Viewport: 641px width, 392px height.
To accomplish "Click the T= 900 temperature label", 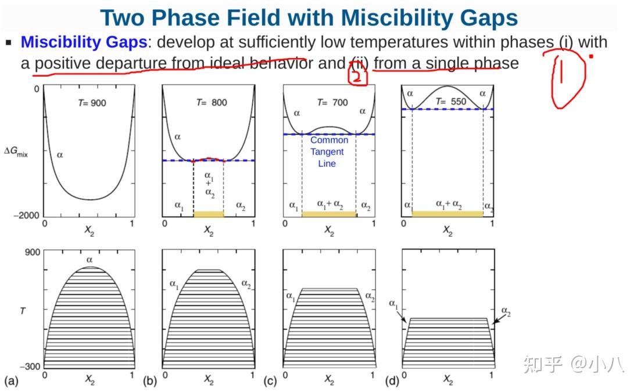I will click(92, 103).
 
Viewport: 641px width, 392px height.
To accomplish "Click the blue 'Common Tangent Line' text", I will click(329, 152).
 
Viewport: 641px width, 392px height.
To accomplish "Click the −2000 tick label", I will click(26, 215).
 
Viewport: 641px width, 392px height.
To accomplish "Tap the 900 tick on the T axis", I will click(33, 252).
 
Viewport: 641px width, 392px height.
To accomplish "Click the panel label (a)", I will click(11, 381).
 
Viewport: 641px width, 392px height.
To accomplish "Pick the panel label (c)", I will click(270, 381).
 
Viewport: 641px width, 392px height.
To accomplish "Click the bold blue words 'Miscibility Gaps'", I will click(84, 42).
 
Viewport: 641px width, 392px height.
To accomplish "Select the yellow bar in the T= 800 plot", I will click(208, 214).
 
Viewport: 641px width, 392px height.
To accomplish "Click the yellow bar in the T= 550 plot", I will click(447, 214).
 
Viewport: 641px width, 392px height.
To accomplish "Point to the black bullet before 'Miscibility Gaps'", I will click(8, 42).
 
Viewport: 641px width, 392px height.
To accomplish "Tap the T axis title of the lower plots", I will click(23, 311).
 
